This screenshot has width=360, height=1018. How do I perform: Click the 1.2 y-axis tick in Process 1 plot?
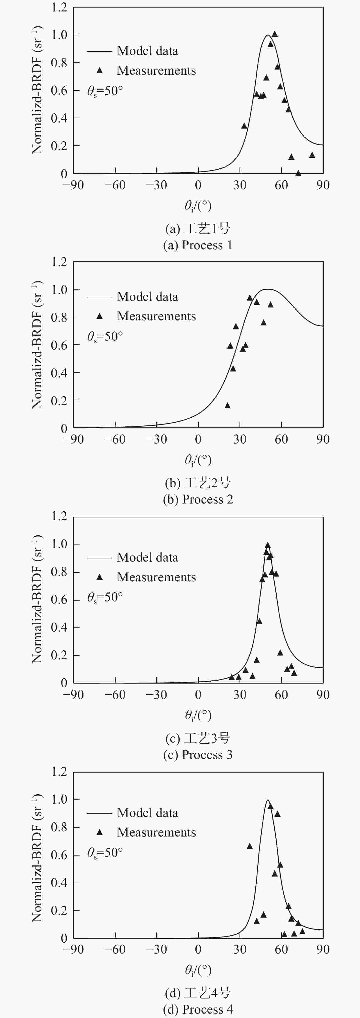click(59, 8)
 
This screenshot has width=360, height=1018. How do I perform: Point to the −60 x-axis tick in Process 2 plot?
click(115, 439)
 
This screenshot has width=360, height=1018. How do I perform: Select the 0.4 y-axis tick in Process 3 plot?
click(59, 627)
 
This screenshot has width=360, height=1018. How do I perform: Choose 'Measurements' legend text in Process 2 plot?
click(157, 316)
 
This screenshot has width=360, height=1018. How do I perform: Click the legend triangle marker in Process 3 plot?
click(100, 577)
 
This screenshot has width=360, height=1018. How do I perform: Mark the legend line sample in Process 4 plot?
click(99, 813)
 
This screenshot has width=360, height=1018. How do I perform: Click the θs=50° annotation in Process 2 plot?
click(105, 337)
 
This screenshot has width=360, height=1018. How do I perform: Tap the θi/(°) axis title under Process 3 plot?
click(198, 715)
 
